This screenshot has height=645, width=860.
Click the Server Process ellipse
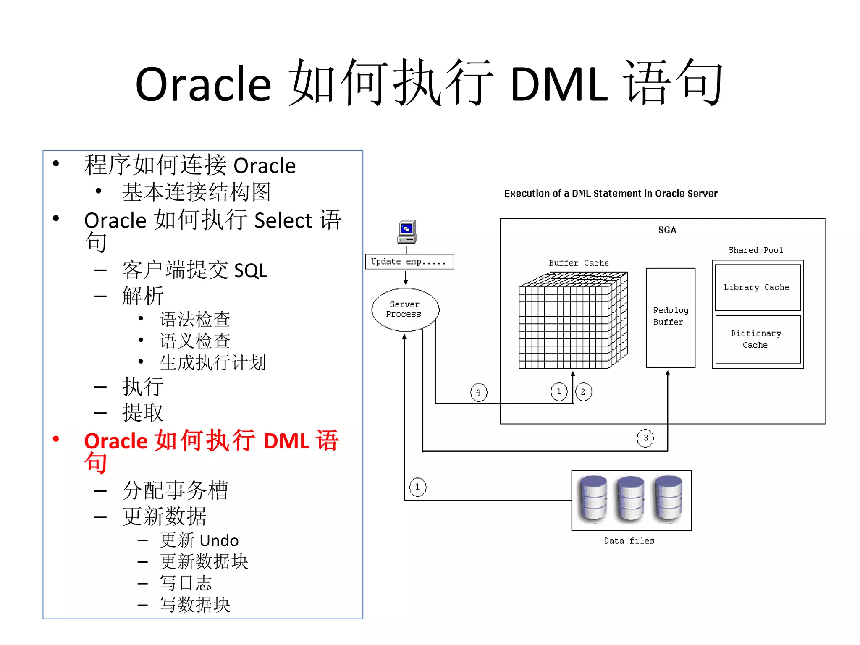405,309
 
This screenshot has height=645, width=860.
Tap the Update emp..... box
409,262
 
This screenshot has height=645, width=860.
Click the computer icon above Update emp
407,231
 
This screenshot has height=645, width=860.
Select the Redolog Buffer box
671,317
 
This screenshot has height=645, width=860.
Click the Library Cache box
757,288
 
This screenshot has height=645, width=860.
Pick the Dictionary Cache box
757,339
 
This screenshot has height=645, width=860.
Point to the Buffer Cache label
579,263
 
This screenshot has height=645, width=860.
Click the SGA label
667,230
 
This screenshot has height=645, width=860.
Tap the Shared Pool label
755,250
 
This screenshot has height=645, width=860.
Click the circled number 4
478,392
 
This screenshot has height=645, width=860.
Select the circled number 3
645,438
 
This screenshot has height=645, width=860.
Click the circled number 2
583,392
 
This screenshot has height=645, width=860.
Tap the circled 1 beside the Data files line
417,487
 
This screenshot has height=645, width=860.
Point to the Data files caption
629,541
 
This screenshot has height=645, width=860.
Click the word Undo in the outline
219,540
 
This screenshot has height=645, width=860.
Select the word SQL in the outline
250,270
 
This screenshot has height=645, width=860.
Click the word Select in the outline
283,220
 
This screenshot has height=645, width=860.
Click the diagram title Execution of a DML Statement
611,194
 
